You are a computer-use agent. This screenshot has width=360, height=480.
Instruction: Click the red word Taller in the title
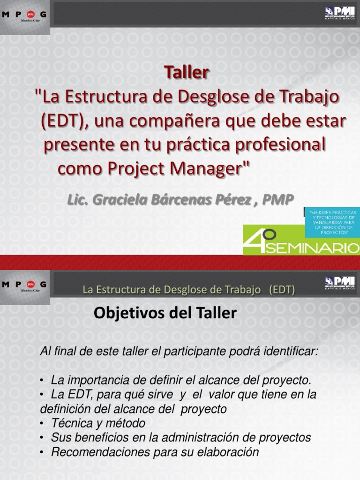tap(186, 73)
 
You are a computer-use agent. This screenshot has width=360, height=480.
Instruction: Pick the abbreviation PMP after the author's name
tap(278, 199)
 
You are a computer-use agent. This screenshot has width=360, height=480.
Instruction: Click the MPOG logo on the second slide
tap(24, 285)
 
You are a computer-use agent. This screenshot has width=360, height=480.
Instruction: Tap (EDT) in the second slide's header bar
tap(281, 290)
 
